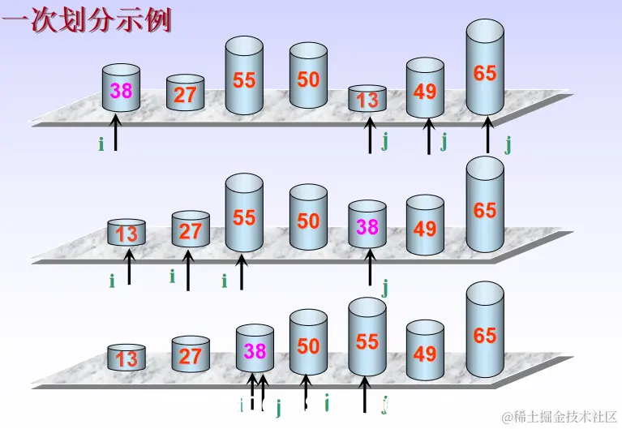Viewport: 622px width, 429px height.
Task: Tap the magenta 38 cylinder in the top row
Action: (121, 90)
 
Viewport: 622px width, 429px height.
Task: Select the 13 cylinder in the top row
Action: (367, 99)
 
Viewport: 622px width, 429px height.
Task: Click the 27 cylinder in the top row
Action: (185, 93)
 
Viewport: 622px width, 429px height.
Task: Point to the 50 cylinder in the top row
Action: (308, 78)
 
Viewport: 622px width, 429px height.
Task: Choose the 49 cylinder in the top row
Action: (425, 89)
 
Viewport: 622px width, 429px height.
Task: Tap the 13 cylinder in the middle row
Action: (127, 234)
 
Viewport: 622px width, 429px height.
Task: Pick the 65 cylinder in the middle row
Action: (485, 208)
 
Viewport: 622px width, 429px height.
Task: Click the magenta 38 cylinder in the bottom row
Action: (255, 350)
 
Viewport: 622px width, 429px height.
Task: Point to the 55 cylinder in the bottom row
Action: (367, 341)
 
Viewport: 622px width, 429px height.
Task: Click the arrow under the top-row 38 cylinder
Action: (116, 133)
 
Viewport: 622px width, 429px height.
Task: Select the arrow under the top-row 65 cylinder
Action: (487, 135)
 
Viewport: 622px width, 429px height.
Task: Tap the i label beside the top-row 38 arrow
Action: (101, 144)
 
